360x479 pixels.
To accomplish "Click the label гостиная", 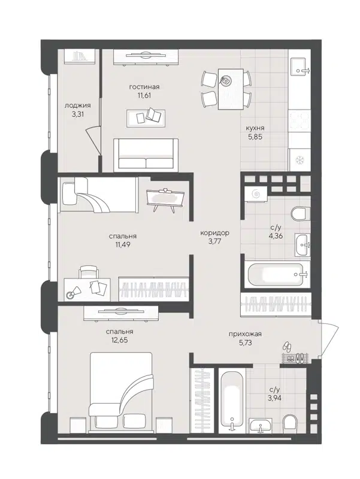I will [x=144, y=87].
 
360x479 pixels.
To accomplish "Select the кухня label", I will [x=255, y=128].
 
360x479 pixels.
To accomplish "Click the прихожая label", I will [x=246, y=335].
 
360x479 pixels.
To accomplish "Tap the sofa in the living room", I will [x=147, y=154].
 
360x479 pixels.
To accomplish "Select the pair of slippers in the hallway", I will [x=286, y=347].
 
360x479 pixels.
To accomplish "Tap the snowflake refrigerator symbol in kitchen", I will [x=298, y=160].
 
